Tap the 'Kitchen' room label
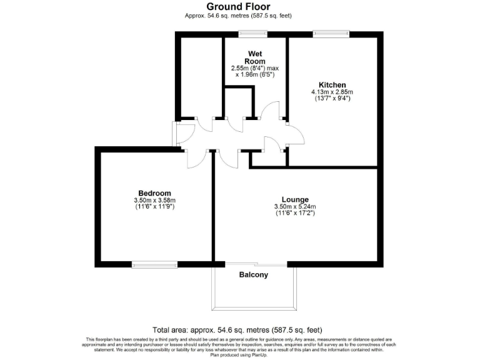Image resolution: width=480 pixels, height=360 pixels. pyautogui.click(x=332, y=85)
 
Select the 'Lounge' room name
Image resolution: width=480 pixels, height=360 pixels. pyautogui.click(x=295, y=200)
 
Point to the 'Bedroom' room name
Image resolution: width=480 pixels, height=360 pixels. pyautogui.click(x=154, y=193)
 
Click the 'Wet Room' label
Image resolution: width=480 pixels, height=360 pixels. pyautogui.click(x=255, y=57)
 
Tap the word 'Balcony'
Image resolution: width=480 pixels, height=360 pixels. pyautogui.click(x=254, y=275)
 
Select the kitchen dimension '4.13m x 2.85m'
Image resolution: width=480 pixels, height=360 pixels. pyautogui.click(x=332, y=92)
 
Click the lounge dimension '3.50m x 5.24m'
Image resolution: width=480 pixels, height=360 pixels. pyautogui.click(x=295, y=207)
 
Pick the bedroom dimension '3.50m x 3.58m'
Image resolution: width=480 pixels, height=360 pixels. pyautogui.click(x=154, y=200)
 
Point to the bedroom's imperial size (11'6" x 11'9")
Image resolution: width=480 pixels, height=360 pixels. pyautogui.click(x=154, y=207)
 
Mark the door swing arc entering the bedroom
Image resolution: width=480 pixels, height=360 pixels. pyautogui.click(x=196, y=159)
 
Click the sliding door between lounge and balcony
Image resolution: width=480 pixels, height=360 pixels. pyautogui.click(x=254, y=263)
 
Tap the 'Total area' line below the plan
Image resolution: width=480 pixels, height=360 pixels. pyautogui.click(x=238, y=330)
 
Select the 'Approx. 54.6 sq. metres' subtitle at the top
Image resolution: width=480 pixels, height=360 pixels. pyautogui.click(x=238, y=16)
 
